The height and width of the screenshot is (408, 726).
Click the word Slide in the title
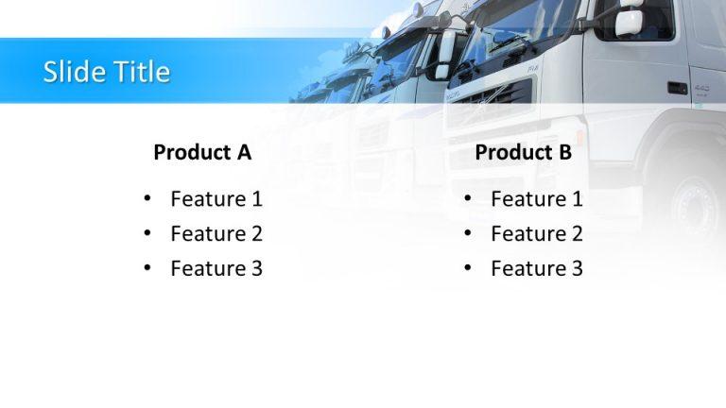click(x=72, y=72)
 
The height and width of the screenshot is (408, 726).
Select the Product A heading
click(x=202, y=152)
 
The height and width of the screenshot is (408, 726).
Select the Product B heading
click(x=523, y=152)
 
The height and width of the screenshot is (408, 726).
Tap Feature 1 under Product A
click(x=216, y=199)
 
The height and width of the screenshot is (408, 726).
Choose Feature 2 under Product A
click(x=216, y=234)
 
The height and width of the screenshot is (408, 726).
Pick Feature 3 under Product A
click(x=216, y=269)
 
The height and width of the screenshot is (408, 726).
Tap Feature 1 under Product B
click(x=537, y=199)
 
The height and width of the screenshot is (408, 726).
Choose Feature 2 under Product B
click(x=537, y=234)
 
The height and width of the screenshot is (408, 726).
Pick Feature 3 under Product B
click(x=537, y=269)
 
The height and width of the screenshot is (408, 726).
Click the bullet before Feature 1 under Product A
click(x=147, y=199)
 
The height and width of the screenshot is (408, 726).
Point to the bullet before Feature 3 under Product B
click(x=468, y=269)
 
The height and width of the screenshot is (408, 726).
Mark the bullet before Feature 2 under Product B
click(x=468, y=234)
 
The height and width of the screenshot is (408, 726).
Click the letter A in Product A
click(x=244, y=152)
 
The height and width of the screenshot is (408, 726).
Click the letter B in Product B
click(x=564, y=152)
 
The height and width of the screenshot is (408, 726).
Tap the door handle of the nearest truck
click(x=677, y=88)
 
